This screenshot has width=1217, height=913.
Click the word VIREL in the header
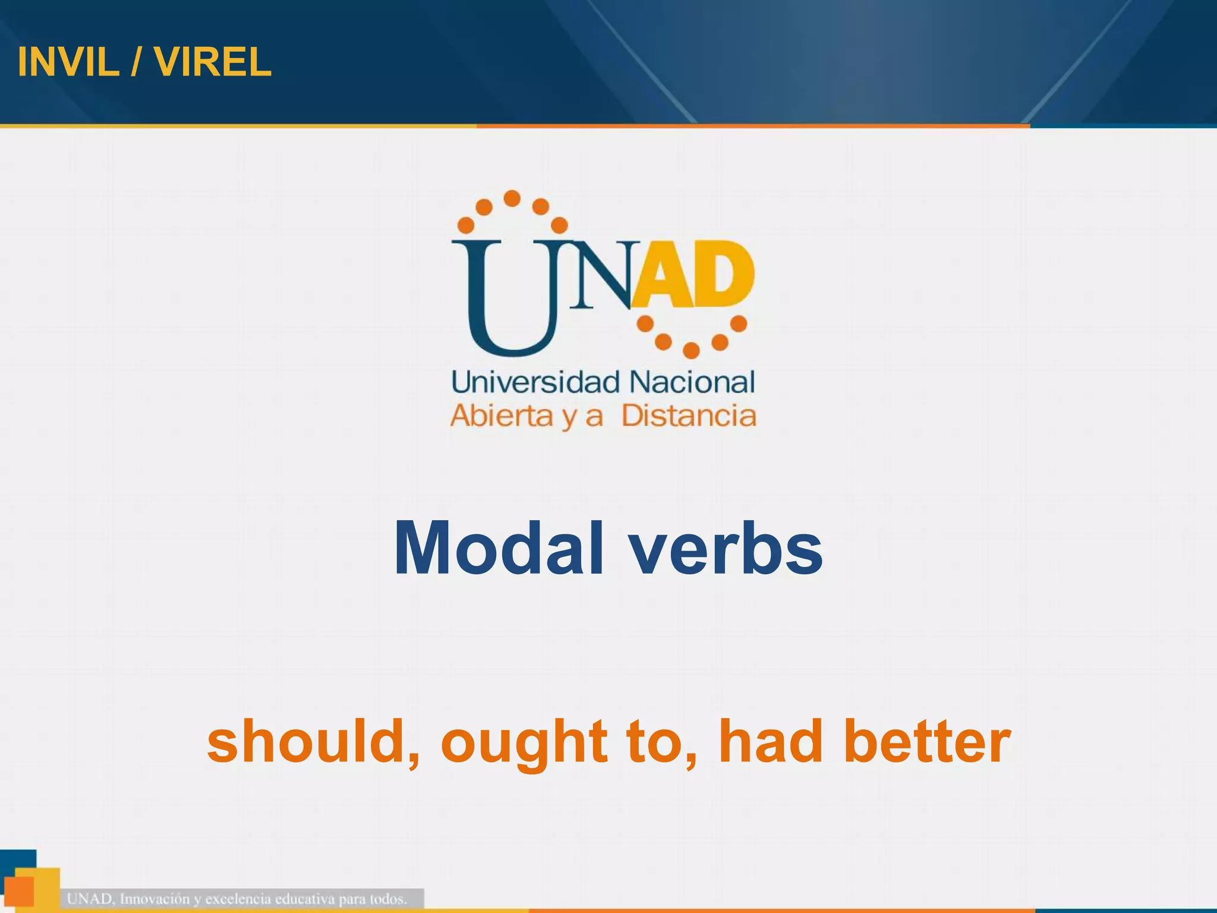click(213, 62)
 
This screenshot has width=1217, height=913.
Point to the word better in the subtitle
click(927, 741)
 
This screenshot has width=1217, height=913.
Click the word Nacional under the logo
click(692, 382)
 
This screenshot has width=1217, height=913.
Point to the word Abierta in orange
click(502, 416)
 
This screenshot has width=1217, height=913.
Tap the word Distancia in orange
click(689, 416)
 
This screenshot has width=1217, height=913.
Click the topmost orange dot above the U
click(512, 198)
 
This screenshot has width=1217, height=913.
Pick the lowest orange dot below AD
click(691, 351)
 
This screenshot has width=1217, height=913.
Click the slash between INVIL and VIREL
click(137, 62)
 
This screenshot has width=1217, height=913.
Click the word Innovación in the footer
click(154, 899)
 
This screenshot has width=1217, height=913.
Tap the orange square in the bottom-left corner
click(18, 892)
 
